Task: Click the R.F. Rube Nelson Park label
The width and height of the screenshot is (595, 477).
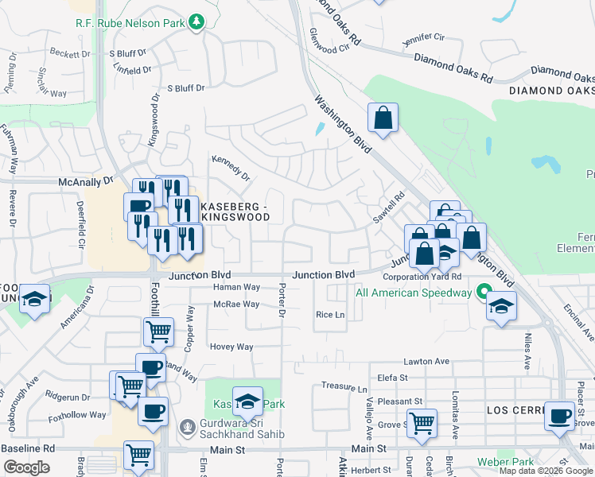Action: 130,23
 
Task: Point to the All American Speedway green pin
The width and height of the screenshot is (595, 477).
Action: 482,293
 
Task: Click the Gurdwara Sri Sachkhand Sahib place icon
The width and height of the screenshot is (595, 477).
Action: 187,429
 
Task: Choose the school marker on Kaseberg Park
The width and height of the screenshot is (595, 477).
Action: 247,401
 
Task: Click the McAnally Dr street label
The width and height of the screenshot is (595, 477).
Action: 87,182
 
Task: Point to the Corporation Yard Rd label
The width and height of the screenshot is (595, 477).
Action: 422,277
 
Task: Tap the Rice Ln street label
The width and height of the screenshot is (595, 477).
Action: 329,315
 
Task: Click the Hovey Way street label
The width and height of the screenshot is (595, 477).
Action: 231,347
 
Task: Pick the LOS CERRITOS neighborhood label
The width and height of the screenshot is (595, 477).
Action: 515,409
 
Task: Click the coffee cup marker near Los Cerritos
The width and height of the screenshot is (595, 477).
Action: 559,415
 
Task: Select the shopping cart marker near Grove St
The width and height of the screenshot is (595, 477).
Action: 421,422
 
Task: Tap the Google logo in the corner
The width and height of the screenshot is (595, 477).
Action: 26,467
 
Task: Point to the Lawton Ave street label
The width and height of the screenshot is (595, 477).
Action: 426,361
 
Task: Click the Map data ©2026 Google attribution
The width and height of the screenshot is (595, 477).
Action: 546,471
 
